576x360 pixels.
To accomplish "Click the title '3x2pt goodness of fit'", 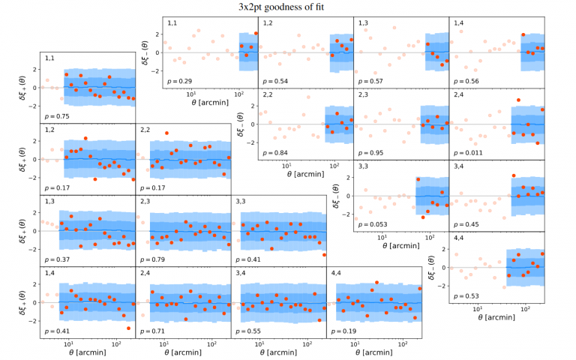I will tap(288, 7).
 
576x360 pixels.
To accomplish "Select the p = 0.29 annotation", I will tap(181, 80).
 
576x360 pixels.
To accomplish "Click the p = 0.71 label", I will tap(154, 330).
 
